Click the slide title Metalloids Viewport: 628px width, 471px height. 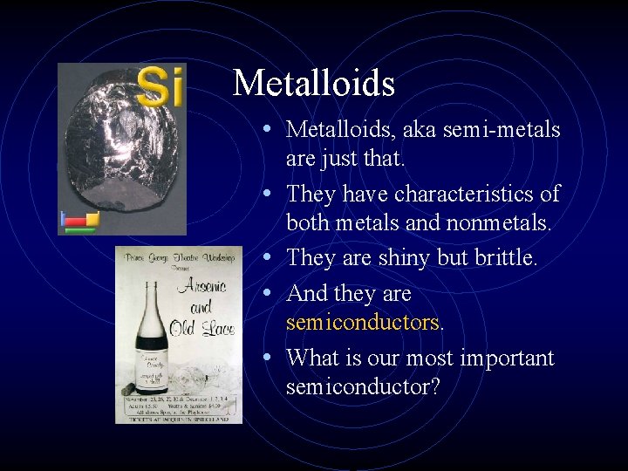314,84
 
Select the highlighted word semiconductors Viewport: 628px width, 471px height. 362,323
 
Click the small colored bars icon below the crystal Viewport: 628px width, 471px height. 78,222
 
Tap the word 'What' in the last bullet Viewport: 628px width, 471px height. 311,358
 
